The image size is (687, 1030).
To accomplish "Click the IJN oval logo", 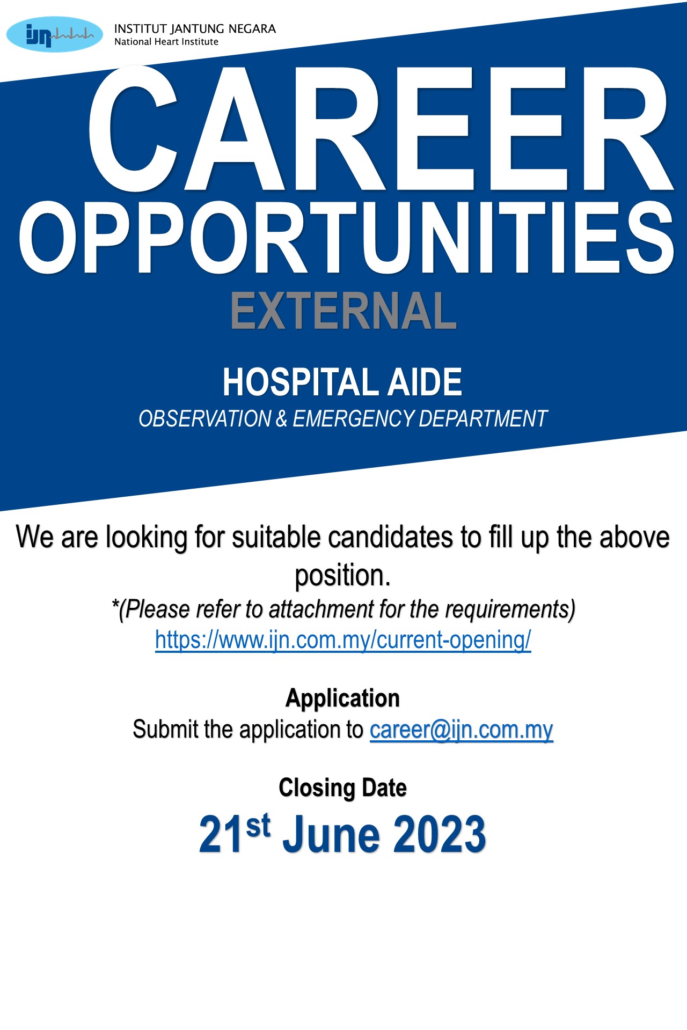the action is pyautogui.click(x=54, y=34).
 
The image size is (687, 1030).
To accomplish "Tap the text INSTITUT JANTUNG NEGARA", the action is pyautogui.click(x=195, y=29).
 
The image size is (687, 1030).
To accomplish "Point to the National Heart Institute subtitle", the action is pyautogui.click(x=166, y=42).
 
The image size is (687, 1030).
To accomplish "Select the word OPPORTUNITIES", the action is pyautogui.click(x=347, y=237).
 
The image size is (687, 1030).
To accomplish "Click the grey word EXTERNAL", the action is pyautogui.click(x=343, y=311).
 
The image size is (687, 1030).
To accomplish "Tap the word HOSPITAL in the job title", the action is pyautogui.click(x=301, y=382).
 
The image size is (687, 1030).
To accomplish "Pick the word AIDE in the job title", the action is pyautogui.click(x=425, y=382).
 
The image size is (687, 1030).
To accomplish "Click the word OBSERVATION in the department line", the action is pyautogui.click(x=205, y=418).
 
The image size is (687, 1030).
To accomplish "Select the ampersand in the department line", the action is pyautogui.click(x=282, y=418).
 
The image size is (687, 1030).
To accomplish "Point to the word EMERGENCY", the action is pyautogui.click(x=353, y=418).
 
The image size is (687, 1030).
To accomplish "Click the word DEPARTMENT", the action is pyautogui.click(x=483, y=418).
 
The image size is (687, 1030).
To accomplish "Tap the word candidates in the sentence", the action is pyautogui.click(x=390, y=537).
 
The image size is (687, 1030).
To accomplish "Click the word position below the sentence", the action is pyautogui.click(x=343, y=576).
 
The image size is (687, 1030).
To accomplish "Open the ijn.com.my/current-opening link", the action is pyautogui.click(x=343, y=640).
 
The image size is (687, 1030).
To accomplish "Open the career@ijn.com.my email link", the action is pyautogui.click(x=462, y=730).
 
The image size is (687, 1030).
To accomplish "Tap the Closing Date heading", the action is pyautogui.click(x=343, y=788).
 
